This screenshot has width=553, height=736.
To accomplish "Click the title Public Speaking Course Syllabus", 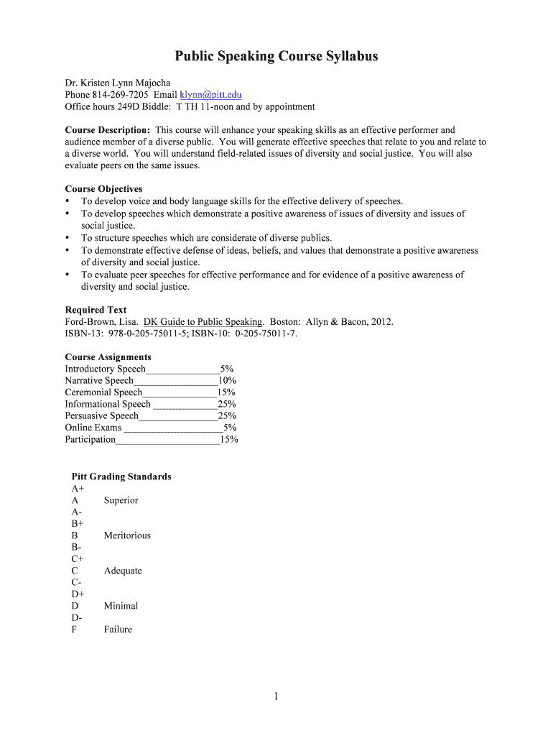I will tap(276, 56).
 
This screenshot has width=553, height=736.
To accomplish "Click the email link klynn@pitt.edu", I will tap(210, 95).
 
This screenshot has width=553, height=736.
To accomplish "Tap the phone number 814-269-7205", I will tap(121, 95).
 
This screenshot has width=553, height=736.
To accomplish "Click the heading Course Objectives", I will tap(103, 189).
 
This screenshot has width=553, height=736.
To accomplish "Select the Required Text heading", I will tap(96, 310).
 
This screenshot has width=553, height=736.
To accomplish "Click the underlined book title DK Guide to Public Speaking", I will tap(204, 322).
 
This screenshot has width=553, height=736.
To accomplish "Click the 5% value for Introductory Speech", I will tap(227, 369).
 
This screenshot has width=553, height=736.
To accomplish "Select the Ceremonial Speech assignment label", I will tap(103, 392).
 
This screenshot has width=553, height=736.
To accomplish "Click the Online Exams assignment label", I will tap(93, 428).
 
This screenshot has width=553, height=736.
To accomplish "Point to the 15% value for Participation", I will tap(229, 439).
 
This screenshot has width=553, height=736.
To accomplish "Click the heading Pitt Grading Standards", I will tap(121, 477).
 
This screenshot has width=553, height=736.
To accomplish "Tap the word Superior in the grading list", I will tap(121, 500).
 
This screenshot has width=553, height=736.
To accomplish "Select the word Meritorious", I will tap(127, 535).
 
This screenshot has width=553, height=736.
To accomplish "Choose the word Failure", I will tap(118, 630).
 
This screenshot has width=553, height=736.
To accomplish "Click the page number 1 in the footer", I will tap(276, 696).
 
